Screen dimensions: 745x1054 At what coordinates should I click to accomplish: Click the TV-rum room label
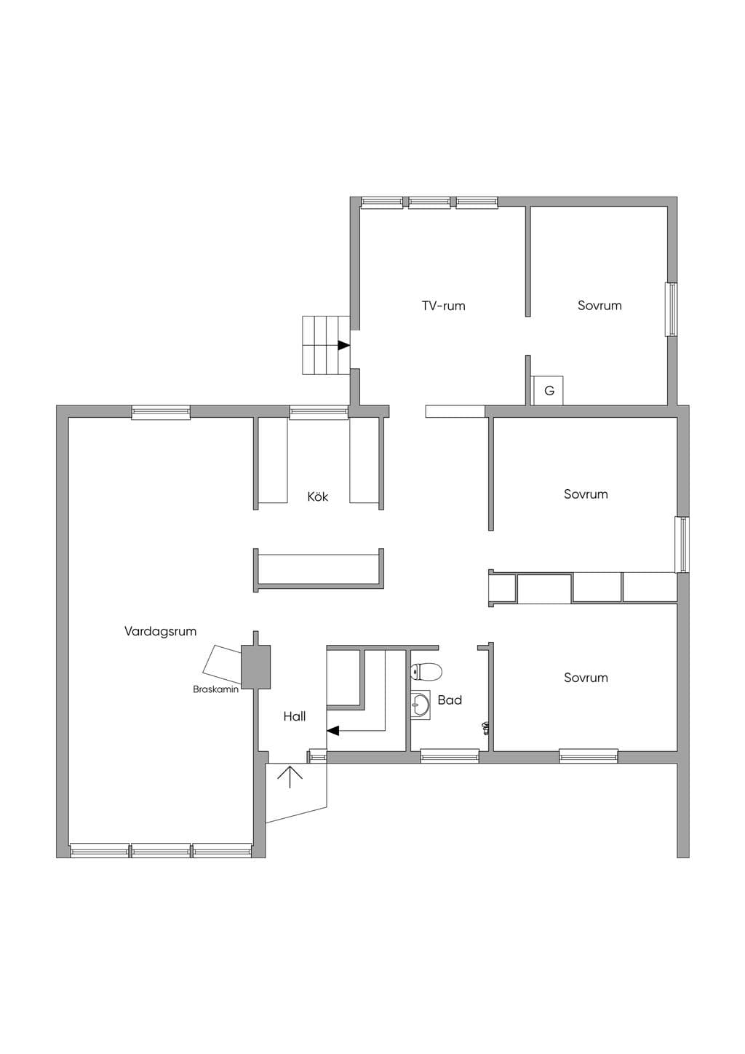443,306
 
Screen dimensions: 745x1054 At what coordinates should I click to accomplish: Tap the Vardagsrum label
160,632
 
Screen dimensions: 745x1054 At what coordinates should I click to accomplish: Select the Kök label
317,496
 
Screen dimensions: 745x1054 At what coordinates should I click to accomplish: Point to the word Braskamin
215,689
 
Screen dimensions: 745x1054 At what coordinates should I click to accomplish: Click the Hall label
295,716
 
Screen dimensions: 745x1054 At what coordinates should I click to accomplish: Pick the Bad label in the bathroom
450,700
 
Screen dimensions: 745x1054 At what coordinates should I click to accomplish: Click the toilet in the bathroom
426,671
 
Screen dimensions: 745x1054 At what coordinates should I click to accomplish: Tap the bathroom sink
421,705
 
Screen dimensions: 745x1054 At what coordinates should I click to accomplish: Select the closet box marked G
547,391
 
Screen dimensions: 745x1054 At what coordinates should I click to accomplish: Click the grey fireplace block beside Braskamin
256,667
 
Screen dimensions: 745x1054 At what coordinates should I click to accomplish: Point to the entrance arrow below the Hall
290,777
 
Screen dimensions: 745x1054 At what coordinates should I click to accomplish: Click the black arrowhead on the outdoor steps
344,345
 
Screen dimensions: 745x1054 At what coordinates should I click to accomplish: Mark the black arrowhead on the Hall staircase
333,731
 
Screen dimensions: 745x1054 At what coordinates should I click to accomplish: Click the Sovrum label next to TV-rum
599,306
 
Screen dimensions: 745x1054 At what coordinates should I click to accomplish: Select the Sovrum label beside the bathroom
586,678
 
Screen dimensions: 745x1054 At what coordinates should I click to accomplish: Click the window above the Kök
319,412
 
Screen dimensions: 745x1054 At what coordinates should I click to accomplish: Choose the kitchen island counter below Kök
319,569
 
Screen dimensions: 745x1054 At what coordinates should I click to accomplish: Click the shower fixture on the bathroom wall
485,729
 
